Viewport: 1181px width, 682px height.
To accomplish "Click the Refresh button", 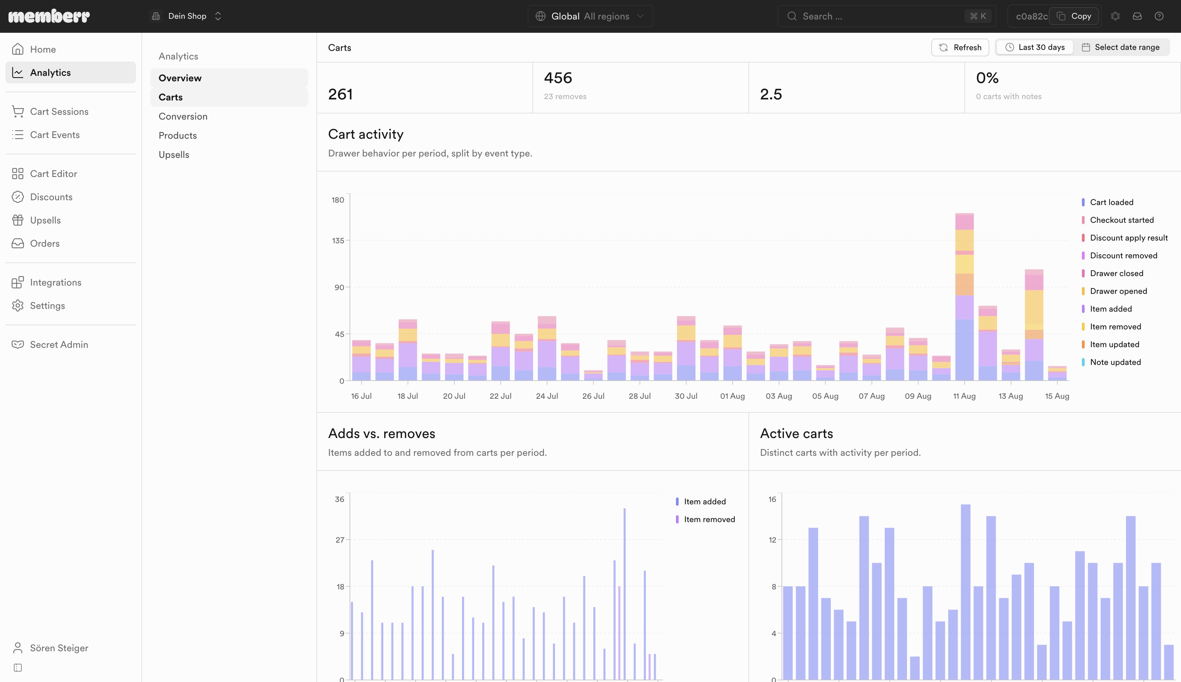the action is [960, 47].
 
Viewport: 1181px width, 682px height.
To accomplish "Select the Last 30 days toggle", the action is [1035, 47].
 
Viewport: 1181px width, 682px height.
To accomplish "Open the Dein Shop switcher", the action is [187, 16].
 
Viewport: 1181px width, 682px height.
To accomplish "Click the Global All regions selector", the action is [590, 16].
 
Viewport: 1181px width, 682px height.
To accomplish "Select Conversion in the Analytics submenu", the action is [183, 116].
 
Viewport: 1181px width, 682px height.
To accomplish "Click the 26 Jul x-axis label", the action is [593, 396].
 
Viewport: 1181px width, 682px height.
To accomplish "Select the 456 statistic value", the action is [558, 78].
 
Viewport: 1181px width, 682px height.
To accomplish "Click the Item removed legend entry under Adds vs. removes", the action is [706, 519].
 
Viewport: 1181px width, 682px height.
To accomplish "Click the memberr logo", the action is [49, 16].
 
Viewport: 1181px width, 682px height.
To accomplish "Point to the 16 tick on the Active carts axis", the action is [772, 499].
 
